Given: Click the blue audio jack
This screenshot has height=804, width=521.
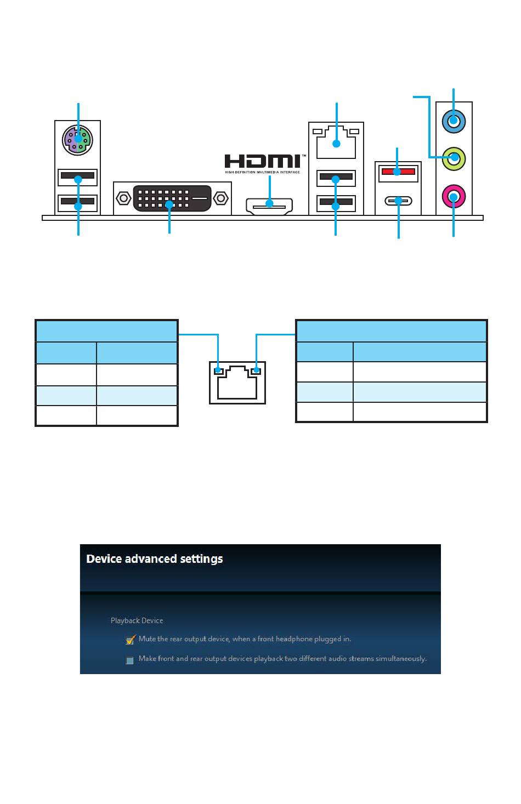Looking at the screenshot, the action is pos(454,121).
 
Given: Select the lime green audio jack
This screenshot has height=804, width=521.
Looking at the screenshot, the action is pos(454,158).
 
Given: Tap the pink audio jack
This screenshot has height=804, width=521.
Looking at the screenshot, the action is pos(454,196).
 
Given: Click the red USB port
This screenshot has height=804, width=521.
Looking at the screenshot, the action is pos(398,173).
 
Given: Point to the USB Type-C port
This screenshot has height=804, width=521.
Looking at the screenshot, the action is pos(398,201).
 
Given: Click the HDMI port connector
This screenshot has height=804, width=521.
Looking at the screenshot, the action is pos(269,205).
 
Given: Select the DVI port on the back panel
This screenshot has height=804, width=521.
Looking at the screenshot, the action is pos(172,197).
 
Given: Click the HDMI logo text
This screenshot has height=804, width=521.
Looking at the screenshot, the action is pos(262,161).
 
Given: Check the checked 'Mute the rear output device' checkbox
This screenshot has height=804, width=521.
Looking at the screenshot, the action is pos(130,640).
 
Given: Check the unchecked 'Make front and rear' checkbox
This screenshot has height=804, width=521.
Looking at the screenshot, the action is pos(130,659).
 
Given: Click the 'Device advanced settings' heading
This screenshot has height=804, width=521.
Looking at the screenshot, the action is pos(155,559).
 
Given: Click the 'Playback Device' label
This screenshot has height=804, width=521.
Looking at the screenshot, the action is pos(137,620).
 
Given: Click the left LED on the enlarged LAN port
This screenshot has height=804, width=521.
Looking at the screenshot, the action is pos(219,372).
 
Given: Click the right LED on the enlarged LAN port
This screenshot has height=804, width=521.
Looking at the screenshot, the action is pos(256,372).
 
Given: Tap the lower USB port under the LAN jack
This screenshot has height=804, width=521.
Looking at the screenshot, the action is pos(336,204).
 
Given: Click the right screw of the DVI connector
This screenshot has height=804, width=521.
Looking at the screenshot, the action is pos(222,197).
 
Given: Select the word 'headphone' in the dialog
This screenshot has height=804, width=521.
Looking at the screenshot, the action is pos(293,639).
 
